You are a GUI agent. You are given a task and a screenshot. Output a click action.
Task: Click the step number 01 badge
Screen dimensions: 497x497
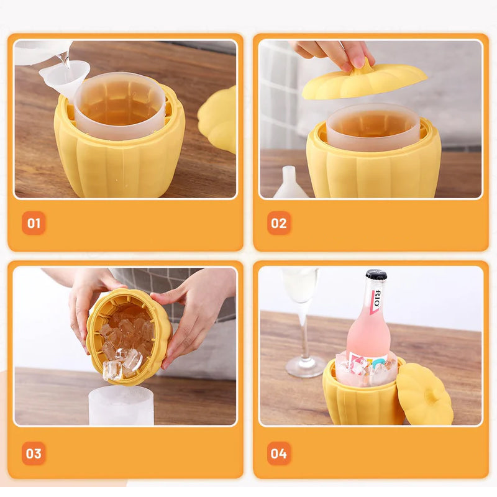(34, 223)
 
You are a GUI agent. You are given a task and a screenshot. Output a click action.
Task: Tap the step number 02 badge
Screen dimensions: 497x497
(279, 223)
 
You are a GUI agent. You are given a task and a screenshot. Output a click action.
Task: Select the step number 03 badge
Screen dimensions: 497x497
(34, 454)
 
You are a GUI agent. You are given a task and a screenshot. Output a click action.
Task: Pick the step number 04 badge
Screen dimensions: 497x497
(279, 454)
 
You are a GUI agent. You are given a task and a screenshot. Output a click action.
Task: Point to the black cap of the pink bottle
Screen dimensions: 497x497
(376, 275)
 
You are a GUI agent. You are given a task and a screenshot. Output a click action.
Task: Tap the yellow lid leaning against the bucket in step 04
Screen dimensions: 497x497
(424, 394)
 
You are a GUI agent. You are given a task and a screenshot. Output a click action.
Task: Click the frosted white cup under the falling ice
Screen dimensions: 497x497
(121, 406)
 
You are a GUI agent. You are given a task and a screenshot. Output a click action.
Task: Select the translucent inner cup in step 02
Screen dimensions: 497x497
(373, 127)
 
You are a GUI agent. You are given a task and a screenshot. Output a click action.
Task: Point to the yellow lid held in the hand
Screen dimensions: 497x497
(365, 81)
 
